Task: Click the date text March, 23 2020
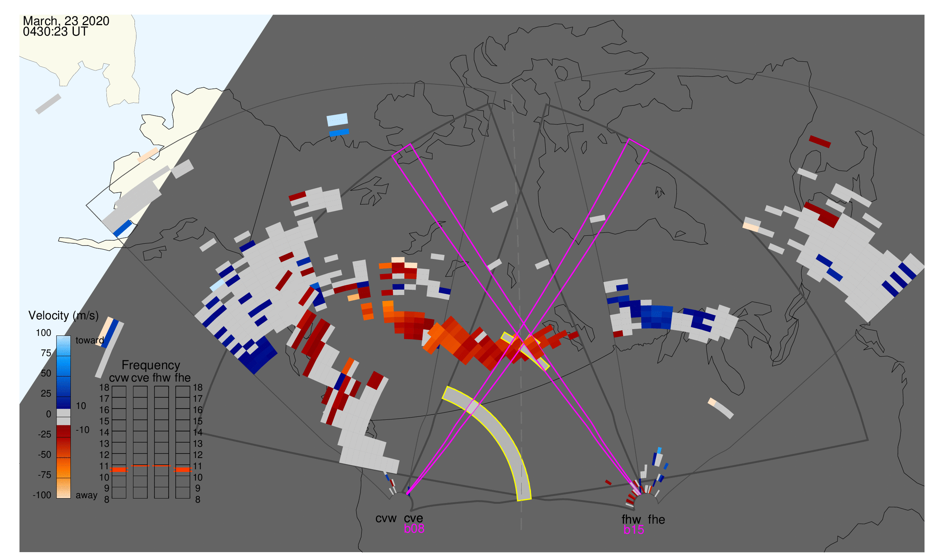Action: pos(66,21)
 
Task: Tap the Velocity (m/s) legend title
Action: pos(63,316)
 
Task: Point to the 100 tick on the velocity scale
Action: pos(43,333)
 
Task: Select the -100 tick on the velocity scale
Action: pos(42,495)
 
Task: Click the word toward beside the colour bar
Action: pos(90,340)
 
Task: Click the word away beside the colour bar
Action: pos(87,496)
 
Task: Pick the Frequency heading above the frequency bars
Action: pos(151,365)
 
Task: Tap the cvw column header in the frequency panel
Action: pos(119,378)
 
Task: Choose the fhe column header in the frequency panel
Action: pos(183,378)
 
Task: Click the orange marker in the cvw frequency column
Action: pos(119,470)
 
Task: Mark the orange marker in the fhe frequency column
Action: pos(183,470)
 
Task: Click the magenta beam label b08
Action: pos(414,529)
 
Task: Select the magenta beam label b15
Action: pos(634,530)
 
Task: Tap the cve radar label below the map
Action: pos(413,518)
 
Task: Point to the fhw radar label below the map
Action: pos(631,520)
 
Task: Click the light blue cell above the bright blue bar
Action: pos(337,120)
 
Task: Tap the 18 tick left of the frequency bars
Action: pos(105,388)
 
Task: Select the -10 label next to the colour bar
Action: pos(82,430)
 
